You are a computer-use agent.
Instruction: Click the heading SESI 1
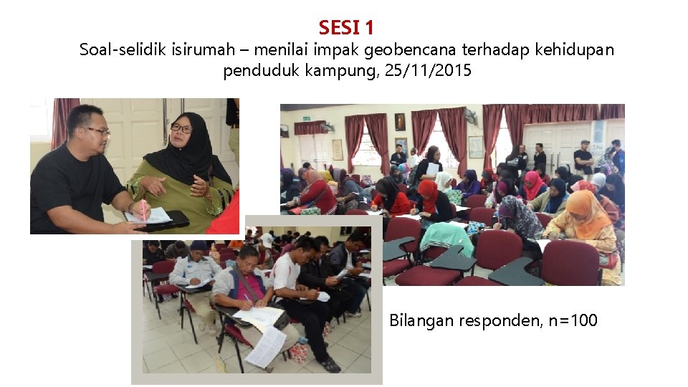pyautogui.click(x=346, y=28)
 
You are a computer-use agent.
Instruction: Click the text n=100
pyautogui.click(x=573, y=320)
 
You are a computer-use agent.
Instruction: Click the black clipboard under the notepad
pyautogui.click(x=166, y=221)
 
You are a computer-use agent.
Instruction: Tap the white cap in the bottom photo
pyautogui.click(x=267, y=239)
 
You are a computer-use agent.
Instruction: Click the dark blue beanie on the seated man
pyautogui.click(x=199, y=245)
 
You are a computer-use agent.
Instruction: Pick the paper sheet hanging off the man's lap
pyautogui.click(x=265, y=346)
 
